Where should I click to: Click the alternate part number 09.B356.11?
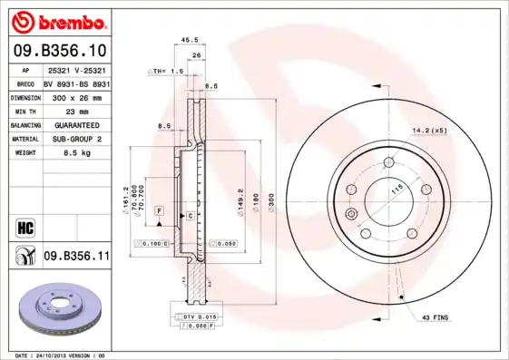point(76,258)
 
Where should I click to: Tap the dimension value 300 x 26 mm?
point(75,96)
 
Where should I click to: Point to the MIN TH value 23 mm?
point(75,110)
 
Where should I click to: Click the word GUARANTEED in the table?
point(75,124)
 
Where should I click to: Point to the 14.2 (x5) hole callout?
point(429,130)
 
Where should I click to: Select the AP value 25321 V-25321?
point(75,68)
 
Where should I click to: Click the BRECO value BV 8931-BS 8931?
point(75,82)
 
